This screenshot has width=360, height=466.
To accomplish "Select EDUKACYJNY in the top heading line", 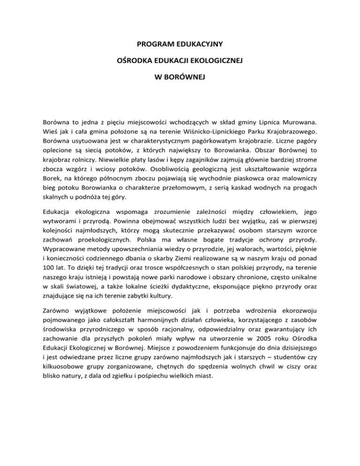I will (202, 45).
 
